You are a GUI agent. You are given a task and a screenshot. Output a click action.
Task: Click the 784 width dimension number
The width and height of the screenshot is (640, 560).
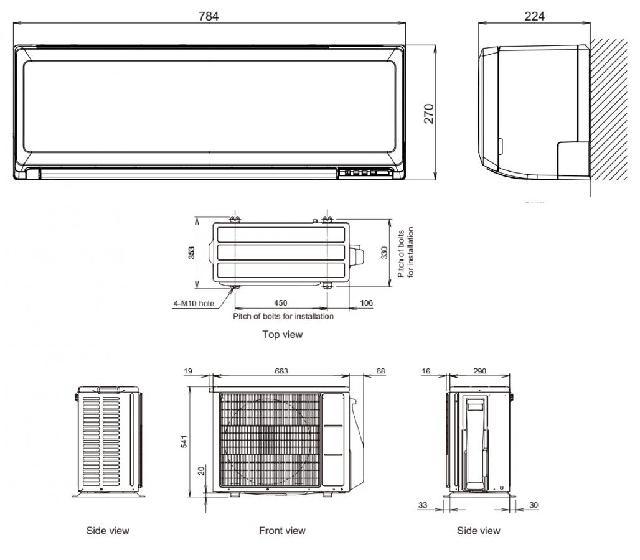(209, 16)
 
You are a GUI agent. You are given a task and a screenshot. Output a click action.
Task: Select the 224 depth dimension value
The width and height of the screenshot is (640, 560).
(534, 16)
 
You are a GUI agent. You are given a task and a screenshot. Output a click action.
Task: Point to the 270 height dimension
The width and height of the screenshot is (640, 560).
(429, 114)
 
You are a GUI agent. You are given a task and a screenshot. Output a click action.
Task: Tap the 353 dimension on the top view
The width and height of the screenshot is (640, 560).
(191, 253)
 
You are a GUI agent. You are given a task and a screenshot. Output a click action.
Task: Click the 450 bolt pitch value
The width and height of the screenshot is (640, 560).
(280, 302)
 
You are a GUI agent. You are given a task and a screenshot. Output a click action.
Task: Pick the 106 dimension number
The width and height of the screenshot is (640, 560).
(366, 302)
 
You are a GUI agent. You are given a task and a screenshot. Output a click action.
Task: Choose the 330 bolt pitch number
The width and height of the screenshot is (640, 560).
(384, 253)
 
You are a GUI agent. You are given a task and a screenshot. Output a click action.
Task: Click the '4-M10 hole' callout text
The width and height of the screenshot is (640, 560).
(194, 303)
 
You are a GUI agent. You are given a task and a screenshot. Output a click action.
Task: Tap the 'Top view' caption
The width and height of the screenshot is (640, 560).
(283, 335)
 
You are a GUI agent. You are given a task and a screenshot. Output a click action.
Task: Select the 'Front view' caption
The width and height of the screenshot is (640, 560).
(283, 531)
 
